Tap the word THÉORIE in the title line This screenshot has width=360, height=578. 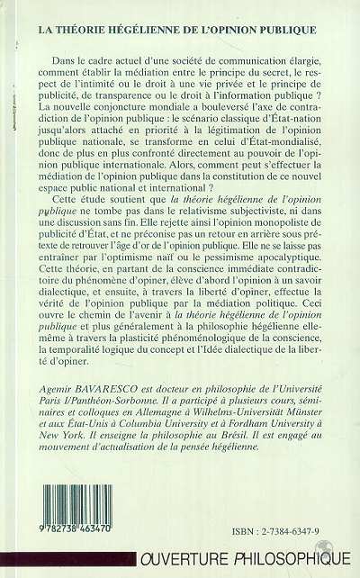tap(79, 28)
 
